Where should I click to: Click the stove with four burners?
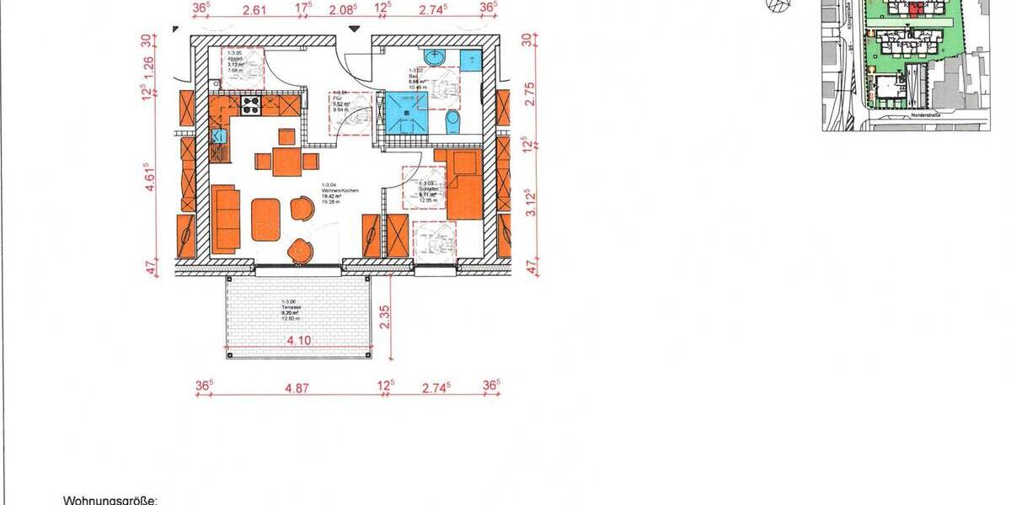pos(251,104)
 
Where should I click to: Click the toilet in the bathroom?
pos(453,122)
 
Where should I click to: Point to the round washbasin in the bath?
pos(436,58)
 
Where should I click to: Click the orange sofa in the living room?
pos(225,218)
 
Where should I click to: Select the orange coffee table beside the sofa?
pos(265,218)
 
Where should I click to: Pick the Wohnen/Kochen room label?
pos(340,191)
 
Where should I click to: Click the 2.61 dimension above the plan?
pos(254,10)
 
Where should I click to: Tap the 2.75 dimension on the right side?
pos(528,92)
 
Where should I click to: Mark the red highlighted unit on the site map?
pos(915,10)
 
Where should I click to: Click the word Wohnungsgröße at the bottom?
pos(110,500)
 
